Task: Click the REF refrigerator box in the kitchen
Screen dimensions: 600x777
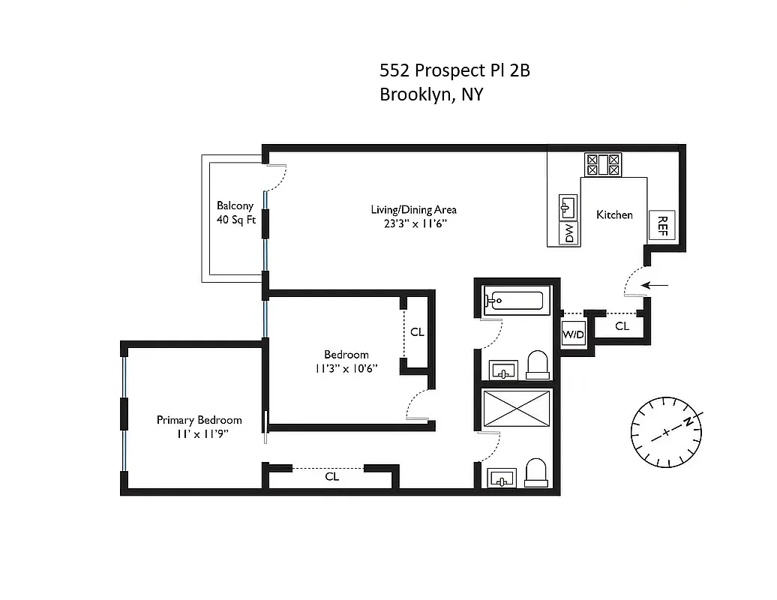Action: point(662,224)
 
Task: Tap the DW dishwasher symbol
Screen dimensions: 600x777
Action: point(569,233)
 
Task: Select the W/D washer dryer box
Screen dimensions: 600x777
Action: point(573,334)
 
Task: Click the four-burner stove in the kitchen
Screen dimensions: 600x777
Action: point(603,164)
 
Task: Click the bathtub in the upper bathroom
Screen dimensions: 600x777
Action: point(514,301)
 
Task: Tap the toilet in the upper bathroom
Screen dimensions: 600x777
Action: point(537,365)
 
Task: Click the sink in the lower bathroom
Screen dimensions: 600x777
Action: point(502,477)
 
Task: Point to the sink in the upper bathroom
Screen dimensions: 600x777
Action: point(503,369)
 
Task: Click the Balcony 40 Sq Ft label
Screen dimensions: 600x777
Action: point(235,212)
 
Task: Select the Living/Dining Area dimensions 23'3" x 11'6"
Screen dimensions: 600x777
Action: point(413,223)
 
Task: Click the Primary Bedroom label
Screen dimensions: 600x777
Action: point(199,420)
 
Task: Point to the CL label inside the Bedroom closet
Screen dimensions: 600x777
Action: point(417,331)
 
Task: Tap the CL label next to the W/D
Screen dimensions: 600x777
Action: point(622,326)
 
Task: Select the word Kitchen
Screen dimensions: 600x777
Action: point(614,214)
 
